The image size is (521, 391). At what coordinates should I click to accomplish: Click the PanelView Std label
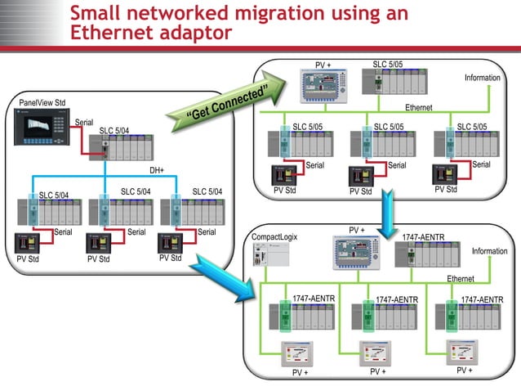click(x=42, y=103)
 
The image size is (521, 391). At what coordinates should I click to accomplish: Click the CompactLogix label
click(x=274, y=237)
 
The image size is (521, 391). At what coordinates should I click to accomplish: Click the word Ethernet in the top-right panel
click(x=418, y=108)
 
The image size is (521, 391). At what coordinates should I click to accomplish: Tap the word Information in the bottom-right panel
click(x=489, y=251)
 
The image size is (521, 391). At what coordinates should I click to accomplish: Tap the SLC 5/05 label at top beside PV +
click(x=389, y=64)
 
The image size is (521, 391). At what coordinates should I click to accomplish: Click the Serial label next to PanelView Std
click(x=84, y=123)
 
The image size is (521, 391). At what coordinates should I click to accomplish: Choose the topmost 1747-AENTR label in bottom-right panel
click(x=423, y=237)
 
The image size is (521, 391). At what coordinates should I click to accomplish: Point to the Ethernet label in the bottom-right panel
click(x=461, y=279)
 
